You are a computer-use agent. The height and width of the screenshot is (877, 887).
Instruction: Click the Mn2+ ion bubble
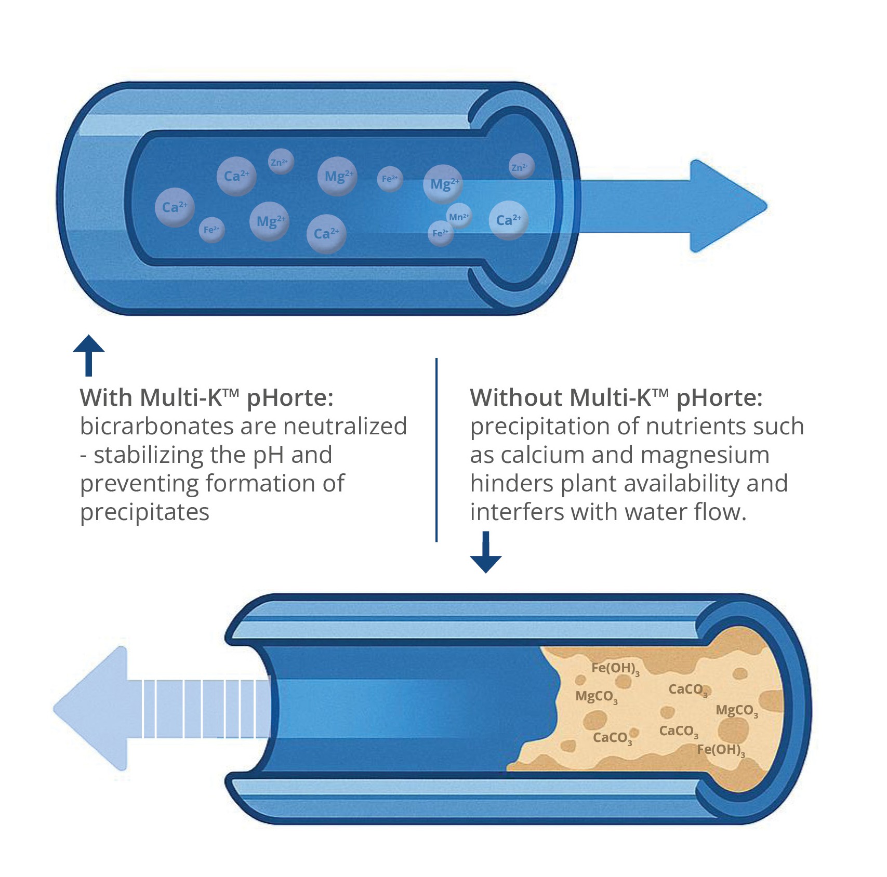(459, 217)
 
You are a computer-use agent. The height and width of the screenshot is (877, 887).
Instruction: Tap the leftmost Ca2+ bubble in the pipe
(175, 207)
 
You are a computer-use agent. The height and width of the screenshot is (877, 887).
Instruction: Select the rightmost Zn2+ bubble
(520, 167)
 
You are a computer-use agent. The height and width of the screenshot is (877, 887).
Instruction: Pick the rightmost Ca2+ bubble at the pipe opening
(508, 220)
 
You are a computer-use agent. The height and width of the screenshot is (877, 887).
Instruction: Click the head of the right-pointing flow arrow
(727, 206)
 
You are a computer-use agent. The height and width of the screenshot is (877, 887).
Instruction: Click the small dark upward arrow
(89, 355)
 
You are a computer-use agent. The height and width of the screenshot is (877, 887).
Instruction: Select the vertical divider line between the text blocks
(436, 449)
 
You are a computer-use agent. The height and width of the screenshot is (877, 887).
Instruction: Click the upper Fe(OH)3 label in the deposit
(615, 668)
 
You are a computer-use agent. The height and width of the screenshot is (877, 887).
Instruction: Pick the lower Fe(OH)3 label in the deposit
(720, 750)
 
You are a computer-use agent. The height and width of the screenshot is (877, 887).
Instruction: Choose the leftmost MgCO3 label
(596, 697)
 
